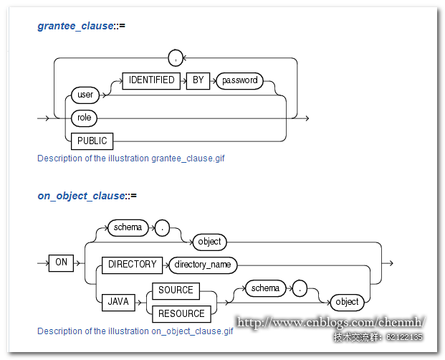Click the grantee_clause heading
click(x=81, y=27)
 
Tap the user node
click(x=85, y=94)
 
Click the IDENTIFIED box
click(x=151, y=80)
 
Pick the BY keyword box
click(x=198, y=80)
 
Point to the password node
click(x=239, y=80)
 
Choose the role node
click(x=85, y=116)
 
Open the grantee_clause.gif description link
click(x=130, y=158)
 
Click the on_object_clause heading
click(x=87, y=195)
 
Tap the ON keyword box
click(x=62, y=262)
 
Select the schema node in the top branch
click(x=128, y=228)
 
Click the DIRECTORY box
click(x=132, y=265)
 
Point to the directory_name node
click(x=202, y=265)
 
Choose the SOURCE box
click(x=176, y=290)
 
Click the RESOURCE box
click(x=181, y=313)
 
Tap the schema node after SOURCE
click(x=265, y=288)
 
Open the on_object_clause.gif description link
click(x=135, y=331)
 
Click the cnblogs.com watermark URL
click(x=331, y=323)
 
